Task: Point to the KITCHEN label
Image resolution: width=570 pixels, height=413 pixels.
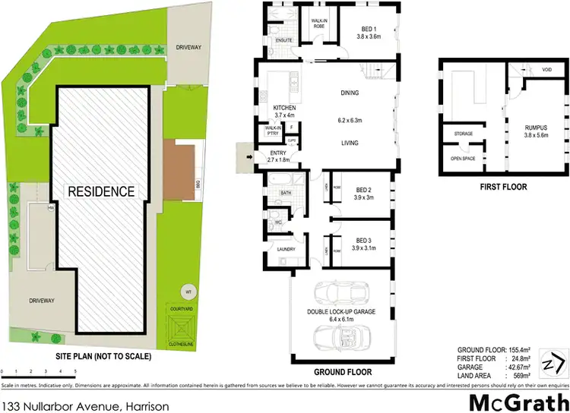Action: click(x=283, y=108)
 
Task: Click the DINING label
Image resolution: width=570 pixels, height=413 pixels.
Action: click(x=349, y=93)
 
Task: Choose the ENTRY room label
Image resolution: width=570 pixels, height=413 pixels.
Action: click(x=277, y=153)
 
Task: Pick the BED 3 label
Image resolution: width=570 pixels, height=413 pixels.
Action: click(x=362, y=239)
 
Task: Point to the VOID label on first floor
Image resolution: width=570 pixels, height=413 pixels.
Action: click(x=546, y=69)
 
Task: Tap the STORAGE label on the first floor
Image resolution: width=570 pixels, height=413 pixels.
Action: click(x=464, y=134)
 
